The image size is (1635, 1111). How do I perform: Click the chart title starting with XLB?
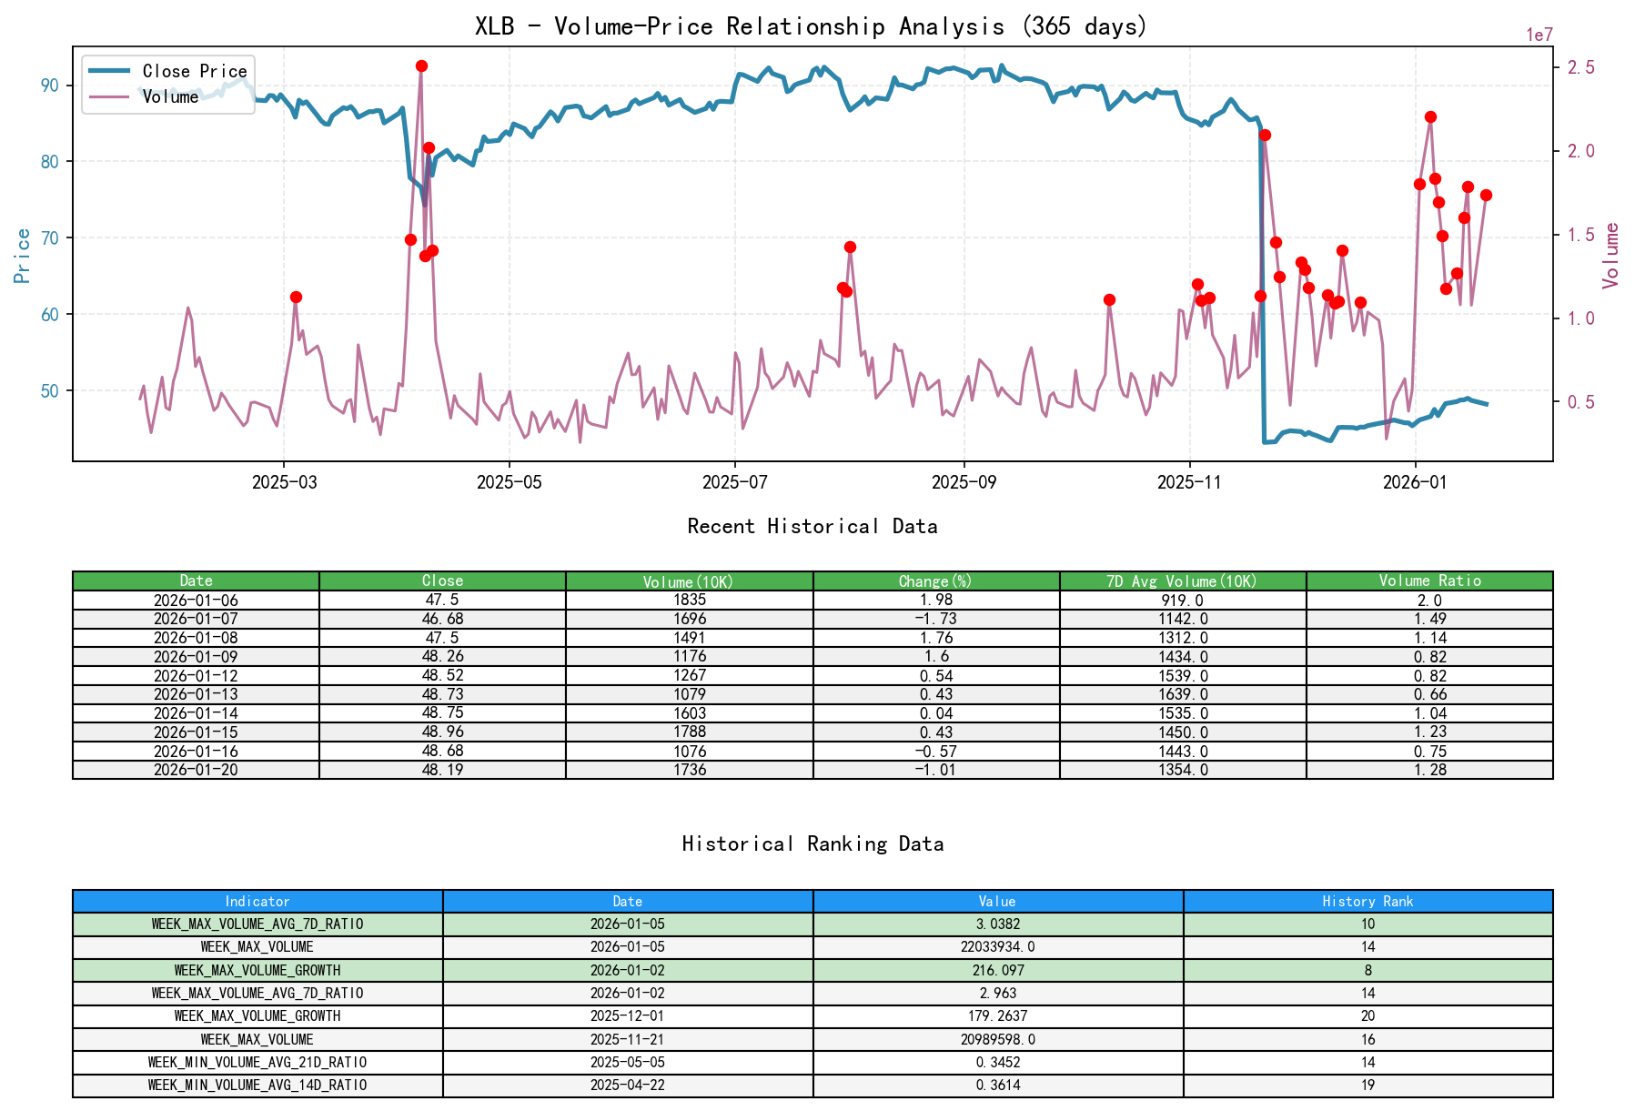[x=811, y=26]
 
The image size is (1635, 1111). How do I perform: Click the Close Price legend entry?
[x=194, y=71]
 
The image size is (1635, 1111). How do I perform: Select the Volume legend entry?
[x=170, y=96]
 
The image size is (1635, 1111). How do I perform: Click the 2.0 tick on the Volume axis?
[x=1579, y=151]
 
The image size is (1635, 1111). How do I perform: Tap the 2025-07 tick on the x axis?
[x=734, y=482]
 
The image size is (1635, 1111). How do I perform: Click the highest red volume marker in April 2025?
[x=421, y=66]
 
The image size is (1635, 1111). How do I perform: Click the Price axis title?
[x=23, y=256]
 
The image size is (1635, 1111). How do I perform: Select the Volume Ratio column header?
[x=1429, y=581]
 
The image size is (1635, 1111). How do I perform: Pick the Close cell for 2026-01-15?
[x=442, y=732]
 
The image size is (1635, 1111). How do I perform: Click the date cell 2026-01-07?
[x=196, y=619]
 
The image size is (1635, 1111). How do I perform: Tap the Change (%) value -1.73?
[x=935, y=619]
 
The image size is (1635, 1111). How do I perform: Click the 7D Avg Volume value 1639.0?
[x=1183, y=694]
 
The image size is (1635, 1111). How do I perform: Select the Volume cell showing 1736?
[x=689, y=770]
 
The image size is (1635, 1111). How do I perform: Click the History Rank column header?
[x=1368, y=901]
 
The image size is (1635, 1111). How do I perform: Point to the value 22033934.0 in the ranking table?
[x=997, y=947]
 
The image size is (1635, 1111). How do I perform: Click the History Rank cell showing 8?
[x=1368, y=970]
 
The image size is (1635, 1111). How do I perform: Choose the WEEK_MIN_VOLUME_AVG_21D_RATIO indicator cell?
[x=257, y=1062]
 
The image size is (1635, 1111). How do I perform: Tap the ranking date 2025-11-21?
[x=627, y=1039]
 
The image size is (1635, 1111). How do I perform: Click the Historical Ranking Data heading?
[x=812, y=843]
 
